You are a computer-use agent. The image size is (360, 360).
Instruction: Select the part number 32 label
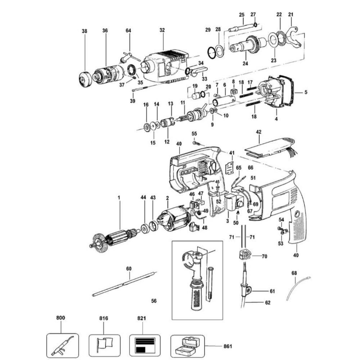pos(162,31)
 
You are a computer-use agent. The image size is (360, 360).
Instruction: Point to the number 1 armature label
pos(118,198)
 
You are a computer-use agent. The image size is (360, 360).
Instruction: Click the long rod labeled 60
pos(124,284)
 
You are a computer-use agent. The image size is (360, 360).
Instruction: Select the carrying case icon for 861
pos(187,345)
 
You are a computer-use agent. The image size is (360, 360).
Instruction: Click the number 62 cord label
pos(267,302)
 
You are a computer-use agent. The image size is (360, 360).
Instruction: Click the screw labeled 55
pos(197,143)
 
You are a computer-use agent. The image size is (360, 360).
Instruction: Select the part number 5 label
pos(305,92)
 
